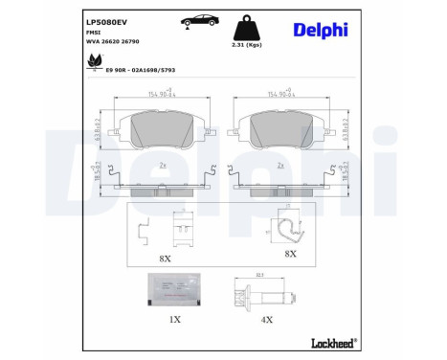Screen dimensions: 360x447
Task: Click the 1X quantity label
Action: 173,319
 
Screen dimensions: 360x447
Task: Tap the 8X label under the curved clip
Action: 289,254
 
